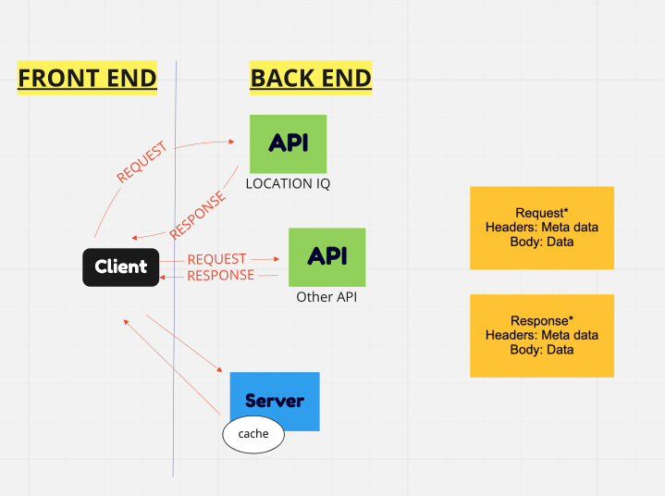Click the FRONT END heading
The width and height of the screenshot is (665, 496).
pos(87,78)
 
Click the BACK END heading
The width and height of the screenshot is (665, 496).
pos(311,78)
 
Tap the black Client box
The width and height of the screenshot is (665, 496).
pos(121,267)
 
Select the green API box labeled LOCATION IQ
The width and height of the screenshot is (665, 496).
pos(288,143)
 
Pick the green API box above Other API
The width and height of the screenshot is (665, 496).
pos(326,256)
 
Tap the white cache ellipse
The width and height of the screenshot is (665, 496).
pos(252,434)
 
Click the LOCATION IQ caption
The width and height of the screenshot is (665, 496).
pos(288,183)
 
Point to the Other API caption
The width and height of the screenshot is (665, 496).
pos(326,297)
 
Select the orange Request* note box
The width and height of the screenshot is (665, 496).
pos(541,228)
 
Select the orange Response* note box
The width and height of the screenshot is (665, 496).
pos(541,336)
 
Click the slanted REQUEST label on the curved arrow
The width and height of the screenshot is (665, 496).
pos(142,161)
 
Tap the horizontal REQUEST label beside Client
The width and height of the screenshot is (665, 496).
pos(216,259)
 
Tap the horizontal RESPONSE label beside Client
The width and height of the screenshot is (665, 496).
pos(220,275)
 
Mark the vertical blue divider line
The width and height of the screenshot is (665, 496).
pos(174,370)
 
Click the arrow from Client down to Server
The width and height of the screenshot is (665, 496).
pos(185,343)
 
